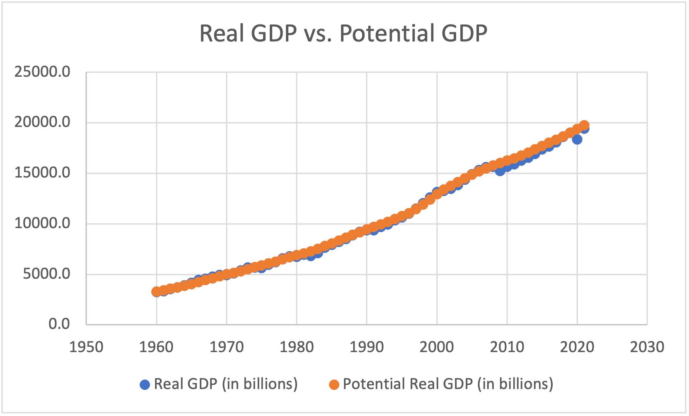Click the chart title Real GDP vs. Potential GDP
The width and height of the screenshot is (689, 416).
343,33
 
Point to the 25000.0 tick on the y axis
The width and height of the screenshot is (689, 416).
42,72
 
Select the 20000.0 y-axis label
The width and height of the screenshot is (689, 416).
42,122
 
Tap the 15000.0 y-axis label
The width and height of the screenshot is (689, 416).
42,173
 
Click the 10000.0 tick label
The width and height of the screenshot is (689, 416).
42,224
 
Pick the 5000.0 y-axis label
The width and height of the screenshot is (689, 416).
47,274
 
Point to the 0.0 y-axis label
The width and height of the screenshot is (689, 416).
59,324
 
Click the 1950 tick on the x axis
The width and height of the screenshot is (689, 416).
86,347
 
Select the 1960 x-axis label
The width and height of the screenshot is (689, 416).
156,347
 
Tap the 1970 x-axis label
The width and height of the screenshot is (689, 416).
226,347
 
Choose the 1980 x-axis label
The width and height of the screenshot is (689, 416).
297,347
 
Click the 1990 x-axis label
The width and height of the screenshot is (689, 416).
367,347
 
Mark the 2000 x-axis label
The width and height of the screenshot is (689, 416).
437,347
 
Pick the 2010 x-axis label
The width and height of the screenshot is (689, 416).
507,347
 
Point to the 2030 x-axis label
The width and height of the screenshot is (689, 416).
647,347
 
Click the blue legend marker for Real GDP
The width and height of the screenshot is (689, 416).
145,384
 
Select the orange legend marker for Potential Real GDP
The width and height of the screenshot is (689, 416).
334,384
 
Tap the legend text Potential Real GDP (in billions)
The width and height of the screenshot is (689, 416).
448,384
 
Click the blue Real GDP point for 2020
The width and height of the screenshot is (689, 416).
577,139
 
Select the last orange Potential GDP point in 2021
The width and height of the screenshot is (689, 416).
584,125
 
